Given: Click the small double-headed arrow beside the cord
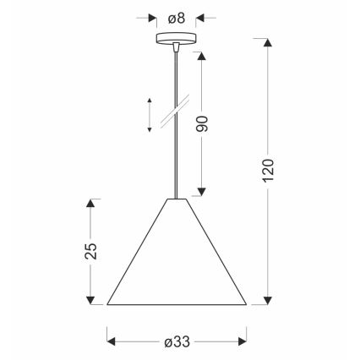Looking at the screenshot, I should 149,115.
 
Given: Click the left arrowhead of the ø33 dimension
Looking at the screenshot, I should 112,341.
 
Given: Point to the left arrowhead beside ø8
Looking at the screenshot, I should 153,17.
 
